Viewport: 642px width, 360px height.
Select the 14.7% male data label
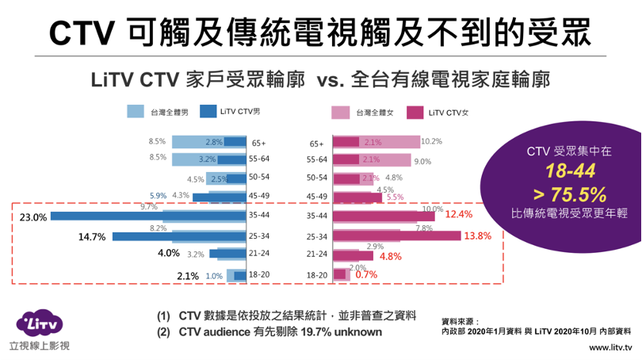92,236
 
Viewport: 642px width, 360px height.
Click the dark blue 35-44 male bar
147,215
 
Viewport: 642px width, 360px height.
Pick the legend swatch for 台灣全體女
342,113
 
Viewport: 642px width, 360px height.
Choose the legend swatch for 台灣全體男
136,113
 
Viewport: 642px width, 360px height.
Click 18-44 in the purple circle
569,170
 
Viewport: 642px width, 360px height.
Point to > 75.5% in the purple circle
569,193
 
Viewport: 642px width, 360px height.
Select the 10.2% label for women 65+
432,141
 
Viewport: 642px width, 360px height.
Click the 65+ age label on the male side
258,144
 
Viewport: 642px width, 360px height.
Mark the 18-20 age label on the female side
317,275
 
